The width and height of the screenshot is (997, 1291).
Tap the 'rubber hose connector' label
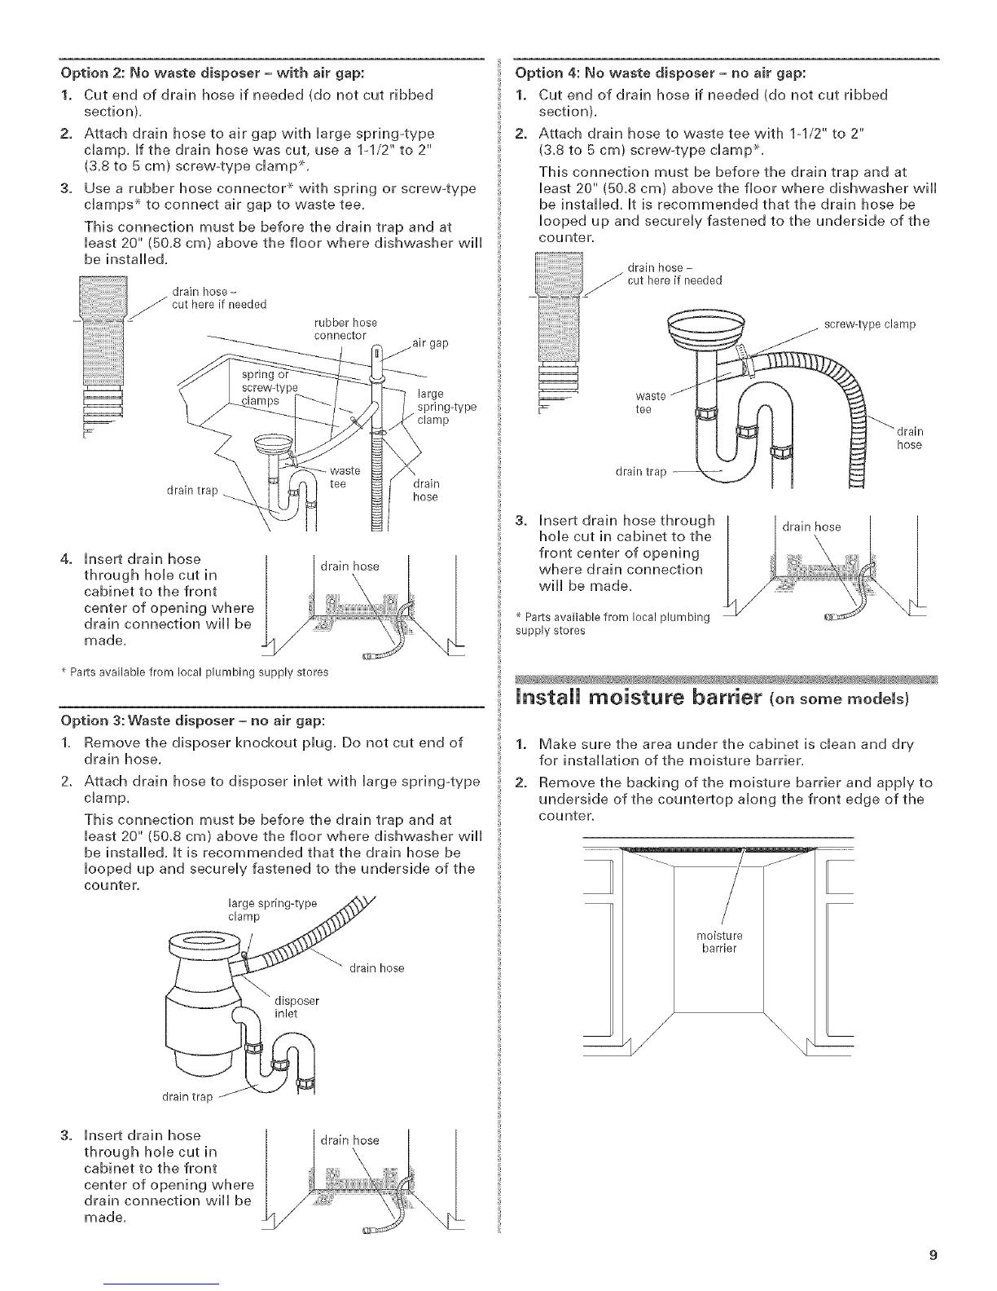tap(345, 328)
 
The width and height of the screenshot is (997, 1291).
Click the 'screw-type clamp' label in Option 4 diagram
tap(870, 324)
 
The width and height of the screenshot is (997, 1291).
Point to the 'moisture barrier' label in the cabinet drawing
tap(719, 941)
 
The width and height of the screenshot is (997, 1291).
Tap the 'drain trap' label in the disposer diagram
tap(187, 1096)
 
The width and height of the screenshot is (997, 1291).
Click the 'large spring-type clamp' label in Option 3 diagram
tap(271, 910)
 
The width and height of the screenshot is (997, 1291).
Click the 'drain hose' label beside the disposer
tap(376, 968)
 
